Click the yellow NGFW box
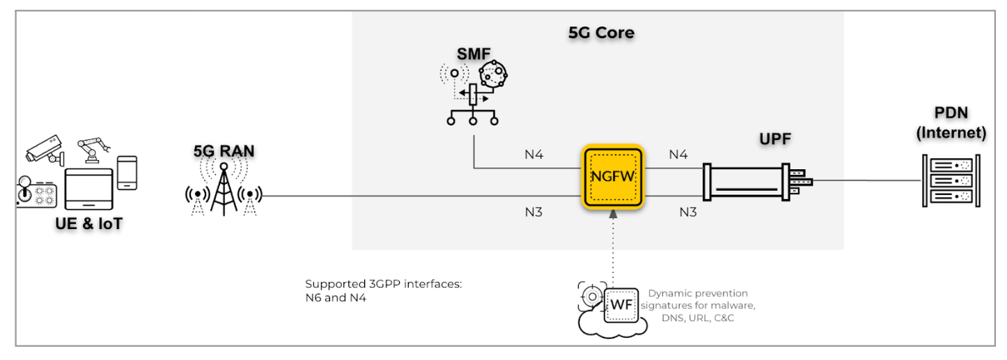(614, 176)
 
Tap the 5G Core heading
(601, 32)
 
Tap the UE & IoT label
(88, 225)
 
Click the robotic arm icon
(93, 148)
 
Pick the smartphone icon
(127, 172)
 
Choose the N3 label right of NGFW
(688, 212)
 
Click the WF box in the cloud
(620, 304)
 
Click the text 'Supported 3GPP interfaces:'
(382, 285)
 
